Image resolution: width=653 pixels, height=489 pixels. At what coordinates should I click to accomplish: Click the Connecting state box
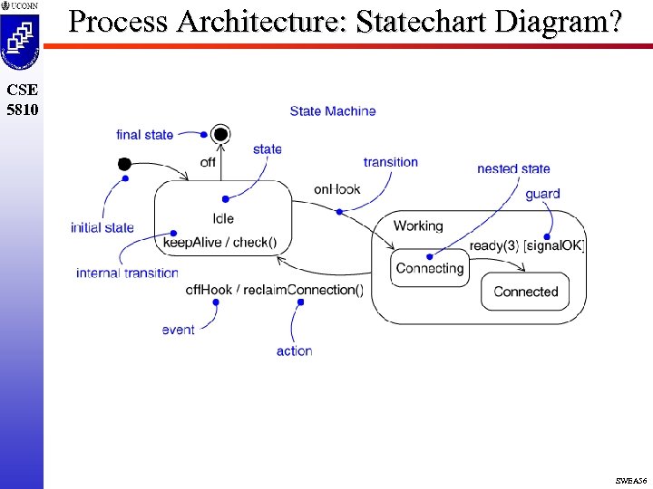(430, 268)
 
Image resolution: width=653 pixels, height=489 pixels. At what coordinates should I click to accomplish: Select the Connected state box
(525, 292)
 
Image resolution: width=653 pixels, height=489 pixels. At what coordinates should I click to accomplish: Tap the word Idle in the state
(223, 218)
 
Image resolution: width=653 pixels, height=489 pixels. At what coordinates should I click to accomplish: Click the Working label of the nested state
(418, 225)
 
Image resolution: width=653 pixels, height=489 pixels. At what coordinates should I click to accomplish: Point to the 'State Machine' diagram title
(333, 111)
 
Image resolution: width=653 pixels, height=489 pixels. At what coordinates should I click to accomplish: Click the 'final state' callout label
(144, 135)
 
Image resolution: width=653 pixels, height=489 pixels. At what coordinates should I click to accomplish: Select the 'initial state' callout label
(102, 227)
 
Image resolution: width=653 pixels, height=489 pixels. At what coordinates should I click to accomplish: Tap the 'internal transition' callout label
(127, 273)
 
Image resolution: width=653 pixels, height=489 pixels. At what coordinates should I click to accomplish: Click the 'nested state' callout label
(513, 168)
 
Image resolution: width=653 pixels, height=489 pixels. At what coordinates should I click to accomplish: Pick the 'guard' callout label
(542, 193)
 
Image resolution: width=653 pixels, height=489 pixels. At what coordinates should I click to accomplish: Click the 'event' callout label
(178, 330)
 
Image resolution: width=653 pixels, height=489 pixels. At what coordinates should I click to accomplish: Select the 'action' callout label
(294, 350)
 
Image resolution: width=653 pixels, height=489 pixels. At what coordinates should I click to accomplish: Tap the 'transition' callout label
(390, 162)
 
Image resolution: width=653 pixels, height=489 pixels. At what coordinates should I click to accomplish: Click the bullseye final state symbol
(220, 135)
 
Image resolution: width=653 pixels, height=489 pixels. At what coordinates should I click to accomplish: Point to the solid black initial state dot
(124, 164)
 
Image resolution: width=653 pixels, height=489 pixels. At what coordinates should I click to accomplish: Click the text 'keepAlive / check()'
(219, 242)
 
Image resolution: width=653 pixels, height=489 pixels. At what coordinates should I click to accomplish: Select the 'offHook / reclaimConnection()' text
(274, 290)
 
